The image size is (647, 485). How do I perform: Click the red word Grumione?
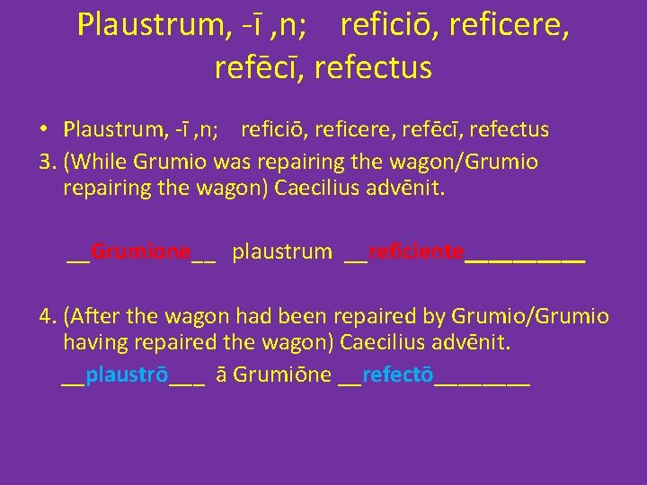pos(141,251)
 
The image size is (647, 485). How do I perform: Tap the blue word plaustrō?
pos(127,375)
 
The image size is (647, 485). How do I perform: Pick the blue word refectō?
pos(398,375)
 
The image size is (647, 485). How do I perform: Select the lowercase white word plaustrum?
pos(281,251)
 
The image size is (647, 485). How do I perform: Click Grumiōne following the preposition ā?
pos(282,375)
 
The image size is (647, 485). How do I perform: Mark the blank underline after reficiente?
pos(525,257)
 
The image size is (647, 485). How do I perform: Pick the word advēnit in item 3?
pos(431,188)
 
